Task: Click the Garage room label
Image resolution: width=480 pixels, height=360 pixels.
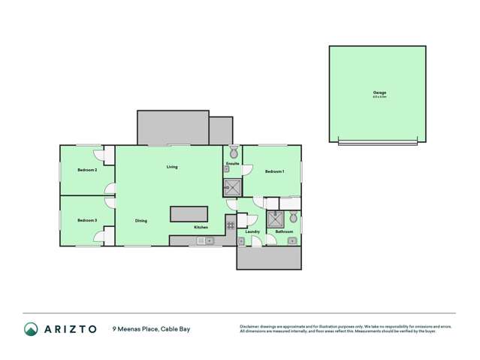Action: pos(378,92)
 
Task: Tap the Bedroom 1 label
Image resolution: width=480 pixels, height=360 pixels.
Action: pos(275,171)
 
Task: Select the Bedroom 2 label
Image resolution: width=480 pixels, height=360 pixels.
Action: pos(87,170)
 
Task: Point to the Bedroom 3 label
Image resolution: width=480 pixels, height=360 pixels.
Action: pos(87,220)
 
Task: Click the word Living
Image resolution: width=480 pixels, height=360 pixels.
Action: pos(172,167)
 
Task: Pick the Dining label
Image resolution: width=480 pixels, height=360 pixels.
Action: pos(141,221)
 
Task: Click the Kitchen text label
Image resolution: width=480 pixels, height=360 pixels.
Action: pos(201,227)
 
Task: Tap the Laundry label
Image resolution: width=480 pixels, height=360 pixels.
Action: pos(252,231)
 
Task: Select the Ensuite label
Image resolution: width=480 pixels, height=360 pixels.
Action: pos(232,163)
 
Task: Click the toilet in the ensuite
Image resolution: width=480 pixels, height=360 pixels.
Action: pos(234,152)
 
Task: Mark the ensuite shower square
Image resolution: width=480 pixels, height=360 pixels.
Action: pos(232,187)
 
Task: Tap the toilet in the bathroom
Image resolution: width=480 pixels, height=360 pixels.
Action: pos(293,217)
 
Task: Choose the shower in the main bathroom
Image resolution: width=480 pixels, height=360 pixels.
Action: pos(276,219)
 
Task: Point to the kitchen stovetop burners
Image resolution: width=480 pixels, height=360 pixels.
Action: pos(231,225)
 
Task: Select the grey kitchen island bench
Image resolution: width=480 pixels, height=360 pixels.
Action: pos(189,214)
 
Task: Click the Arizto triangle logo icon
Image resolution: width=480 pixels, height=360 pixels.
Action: pos(31,329)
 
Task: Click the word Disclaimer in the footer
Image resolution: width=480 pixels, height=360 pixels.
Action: pos(252,326)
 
